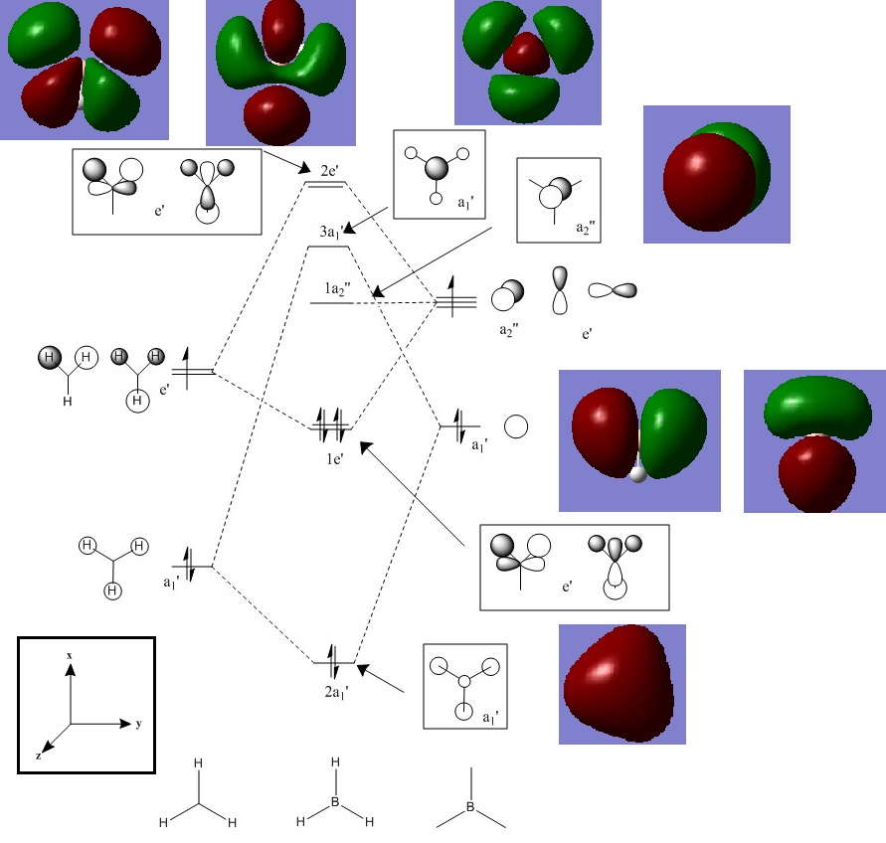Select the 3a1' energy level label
(333, 233)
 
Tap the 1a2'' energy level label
(339, 288)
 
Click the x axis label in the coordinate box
(70, 656)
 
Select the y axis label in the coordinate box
(138, 724)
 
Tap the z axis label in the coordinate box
(39, 756)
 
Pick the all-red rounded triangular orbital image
(621, 684)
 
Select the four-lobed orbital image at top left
(84, 69)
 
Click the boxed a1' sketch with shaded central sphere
(439, 174)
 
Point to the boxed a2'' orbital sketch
(558, 200)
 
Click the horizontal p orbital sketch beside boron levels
(612, 290)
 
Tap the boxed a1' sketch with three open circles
(464, 685)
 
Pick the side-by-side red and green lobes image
(639, 440)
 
